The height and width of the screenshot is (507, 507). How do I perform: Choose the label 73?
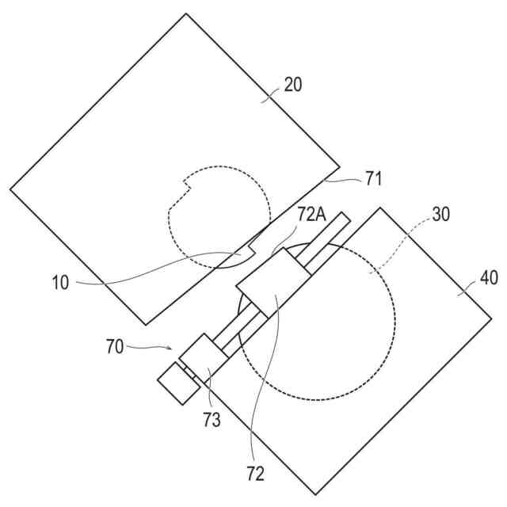click(211, 420)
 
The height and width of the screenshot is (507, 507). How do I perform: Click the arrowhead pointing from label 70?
click(176, 349)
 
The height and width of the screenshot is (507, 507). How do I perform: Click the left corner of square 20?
click(10, 189)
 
